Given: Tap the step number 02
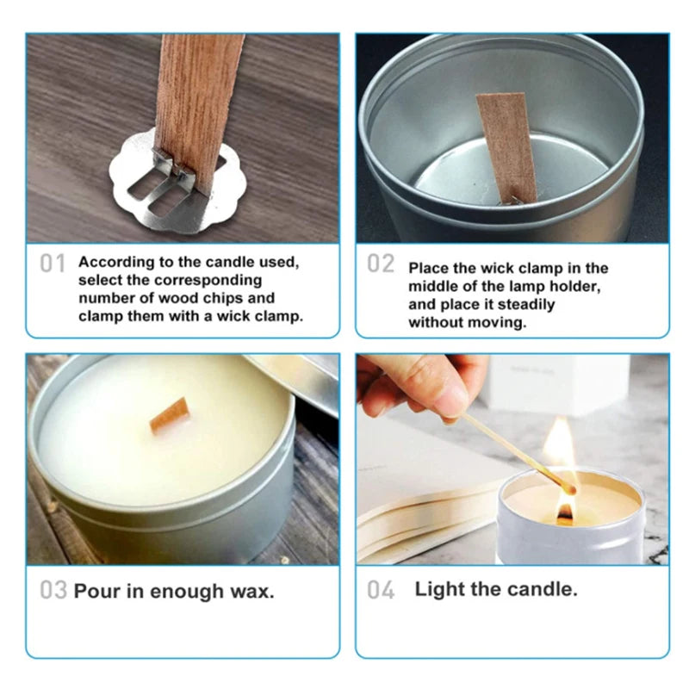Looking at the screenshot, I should tap(380, 264).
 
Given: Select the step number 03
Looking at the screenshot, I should tap(53, 591).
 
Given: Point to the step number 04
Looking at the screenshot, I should tap(380, 590).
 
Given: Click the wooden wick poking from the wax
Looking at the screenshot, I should tap(169, 415).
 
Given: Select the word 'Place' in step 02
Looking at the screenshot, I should tap(429, 268).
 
